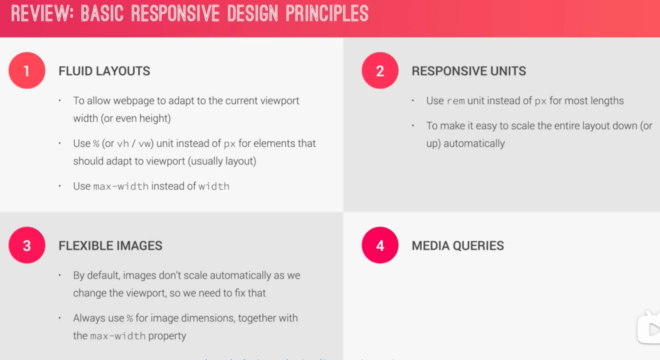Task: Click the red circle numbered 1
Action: click(27, 70)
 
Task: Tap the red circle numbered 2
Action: click(380, 70)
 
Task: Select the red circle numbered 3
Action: click(27, 245)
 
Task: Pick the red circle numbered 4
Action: click(380, 245)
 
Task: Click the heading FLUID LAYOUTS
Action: click(104, 71)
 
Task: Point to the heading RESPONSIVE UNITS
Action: click(469, 71)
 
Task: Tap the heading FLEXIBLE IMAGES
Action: click(110, 246)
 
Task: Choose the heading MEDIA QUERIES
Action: click(458, 246)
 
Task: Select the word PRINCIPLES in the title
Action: click(327, 14)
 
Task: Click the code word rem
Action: click(455, 101)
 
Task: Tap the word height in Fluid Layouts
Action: click(154, 118)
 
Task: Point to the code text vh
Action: click(123, 144)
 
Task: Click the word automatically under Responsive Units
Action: click(474, 143)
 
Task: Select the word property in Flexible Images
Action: click(167, 336)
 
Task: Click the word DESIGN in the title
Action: click(253, 14)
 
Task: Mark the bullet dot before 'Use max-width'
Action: click(60, 186)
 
